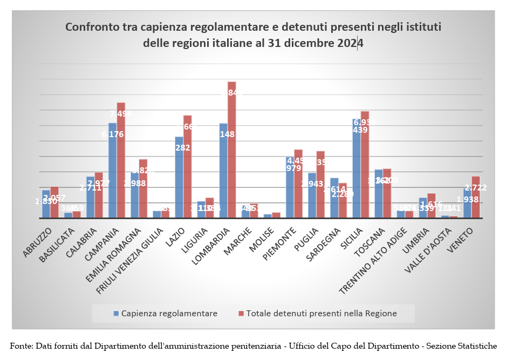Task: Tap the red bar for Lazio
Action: (x=188, y=167)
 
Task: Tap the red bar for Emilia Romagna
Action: (x=143, y=189)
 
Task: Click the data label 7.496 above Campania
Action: (x=121, y=114)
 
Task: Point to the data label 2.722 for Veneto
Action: (x=476, y=188)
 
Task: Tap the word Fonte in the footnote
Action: (x=21, y=345)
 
